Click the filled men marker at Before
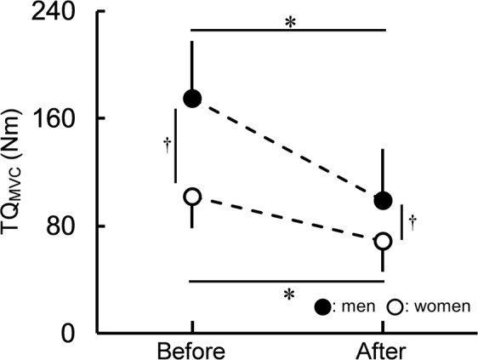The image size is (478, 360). [x=192, y=98]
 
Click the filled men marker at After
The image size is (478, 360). [x=383, y=201]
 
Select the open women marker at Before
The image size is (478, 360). [x=192, y=196]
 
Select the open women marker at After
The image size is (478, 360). [x=383, y=241]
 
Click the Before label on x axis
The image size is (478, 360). [x=192, y=351]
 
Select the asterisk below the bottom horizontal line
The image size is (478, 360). [x=289, y=294]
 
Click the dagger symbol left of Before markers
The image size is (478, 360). [x=167, y=144]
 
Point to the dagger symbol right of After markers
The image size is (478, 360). [x=413, y=222]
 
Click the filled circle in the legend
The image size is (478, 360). [x=322, y=306]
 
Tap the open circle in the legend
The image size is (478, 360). [x=395, y=306]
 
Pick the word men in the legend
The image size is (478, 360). [x=356, y=307]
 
